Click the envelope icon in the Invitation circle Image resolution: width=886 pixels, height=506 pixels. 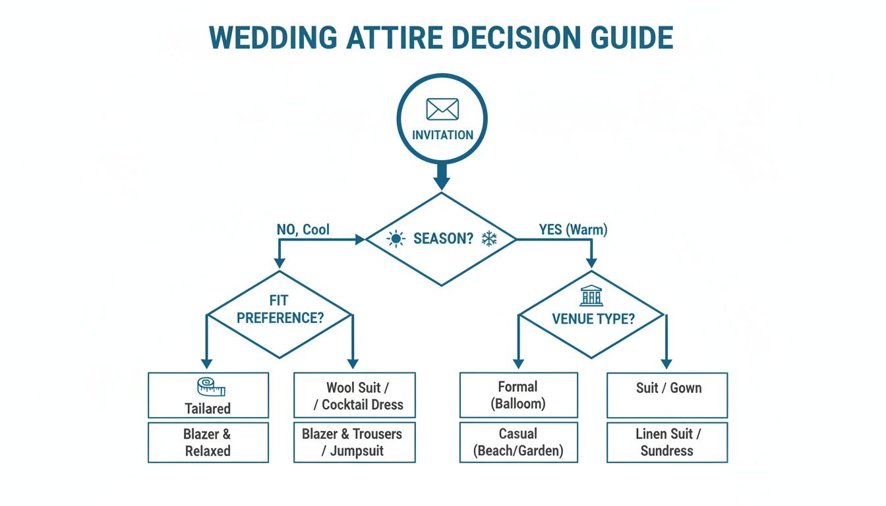(442, 109)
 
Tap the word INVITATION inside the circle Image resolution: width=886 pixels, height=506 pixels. (442, 135)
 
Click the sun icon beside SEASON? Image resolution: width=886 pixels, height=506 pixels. (396, 239)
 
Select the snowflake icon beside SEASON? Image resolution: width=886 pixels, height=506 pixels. (488, 239)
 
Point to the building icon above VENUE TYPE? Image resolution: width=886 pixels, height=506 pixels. (591, 296)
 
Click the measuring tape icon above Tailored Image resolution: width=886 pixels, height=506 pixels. (207, 386)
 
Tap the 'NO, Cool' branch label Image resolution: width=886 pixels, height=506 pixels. (303, 230)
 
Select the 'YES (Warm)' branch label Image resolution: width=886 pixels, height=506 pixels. (574, 230)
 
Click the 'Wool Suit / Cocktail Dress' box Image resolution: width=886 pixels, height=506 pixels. (354, 395)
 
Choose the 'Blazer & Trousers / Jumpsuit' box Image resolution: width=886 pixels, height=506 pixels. (354, 442)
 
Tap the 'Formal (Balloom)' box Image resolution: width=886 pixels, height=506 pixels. (518, 395)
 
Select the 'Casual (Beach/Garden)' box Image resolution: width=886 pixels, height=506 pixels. (518, 442)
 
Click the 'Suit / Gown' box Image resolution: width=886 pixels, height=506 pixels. (666, 395)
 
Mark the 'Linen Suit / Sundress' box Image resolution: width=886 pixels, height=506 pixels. (666, 442)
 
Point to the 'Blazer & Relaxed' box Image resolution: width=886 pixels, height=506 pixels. (208, 442)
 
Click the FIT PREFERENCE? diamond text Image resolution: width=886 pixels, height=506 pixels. (280, 310)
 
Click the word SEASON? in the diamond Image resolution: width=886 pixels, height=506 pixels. (443, 239)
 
